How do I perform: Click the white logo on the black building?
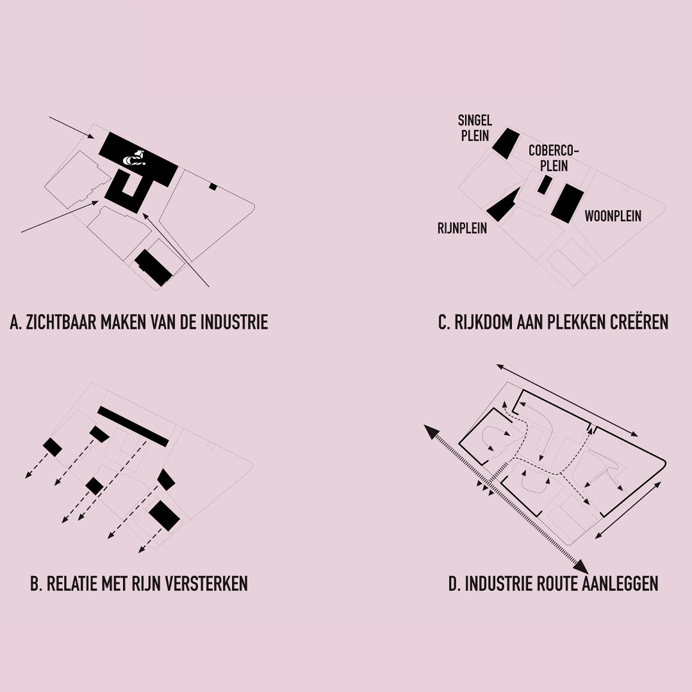pos(134,158)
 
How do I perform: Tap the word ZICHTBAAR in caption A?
pos(62,322)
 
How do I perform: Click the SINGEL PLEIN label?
pos(475,128)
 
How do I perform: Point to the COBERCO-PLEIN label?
pos(554,158)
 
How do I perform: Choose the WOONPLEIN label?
pos(613,217)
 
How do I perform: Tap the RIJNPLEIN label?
pos(462,228)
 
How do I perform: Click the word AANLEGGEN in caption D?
pos(620,584)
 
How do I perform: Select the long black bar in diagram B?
pos(133,426)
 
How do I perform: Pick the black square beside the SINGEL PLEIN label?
pos(506,143)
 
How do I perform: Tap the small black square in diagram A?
pos(213,186)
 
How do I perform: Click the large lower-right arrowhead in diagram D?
pos(581,566)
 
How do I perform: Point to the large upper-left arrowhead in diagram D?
pos(431,432)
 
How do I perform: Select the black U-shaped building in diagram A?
pos(129,190)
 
